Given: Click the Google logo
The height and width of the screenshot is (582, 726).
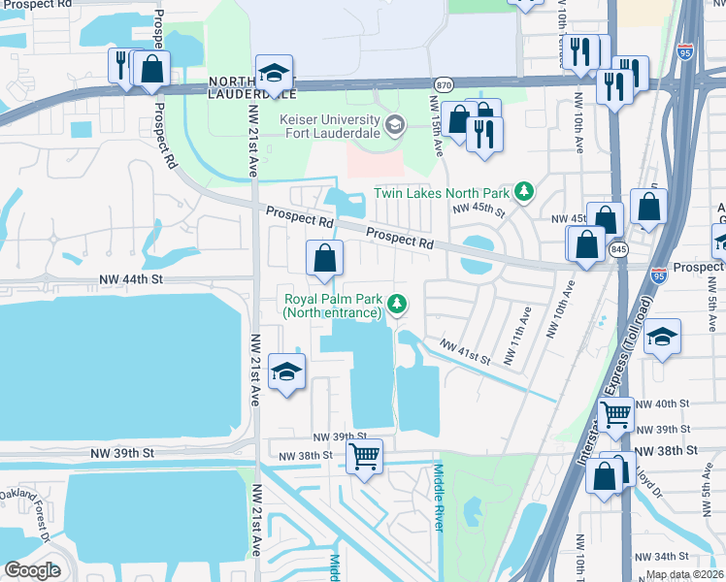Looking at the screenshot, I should point(33,570).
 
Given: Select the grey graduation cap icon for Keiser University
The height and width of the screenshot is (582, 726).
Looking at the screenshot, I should point(395,125).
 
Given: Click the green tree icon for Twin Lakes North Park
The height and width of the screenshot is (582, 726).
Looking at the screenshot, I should point(524,191).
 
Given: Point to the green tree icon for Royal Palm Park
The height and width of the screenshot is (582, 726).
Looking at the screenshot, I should point(397,306).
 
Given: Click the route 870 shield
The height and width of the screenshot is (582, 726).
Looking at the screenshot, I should point(443,84).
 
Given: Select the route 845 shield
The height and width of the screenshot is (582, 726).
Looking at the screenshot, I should point(618,249).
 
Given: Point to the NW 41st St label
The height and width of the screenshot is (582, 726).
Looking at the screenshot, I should point(465,351).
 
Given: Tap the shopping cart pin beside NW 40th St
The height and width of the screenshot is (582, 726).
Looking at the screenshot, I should point(616,415).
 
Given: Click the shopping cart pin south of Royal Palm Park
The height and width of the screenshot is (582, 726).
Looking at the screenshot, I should point(365,456).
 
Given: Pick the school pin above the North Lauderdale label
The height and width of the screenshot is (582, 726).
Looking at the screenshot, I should point(275,74).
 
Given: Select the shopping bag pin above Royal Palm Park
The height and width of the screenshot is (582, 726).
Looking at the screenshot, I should point(325,259).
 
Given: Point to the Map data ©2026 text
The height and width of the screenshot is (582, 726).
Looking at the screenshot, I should point(685,574).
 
